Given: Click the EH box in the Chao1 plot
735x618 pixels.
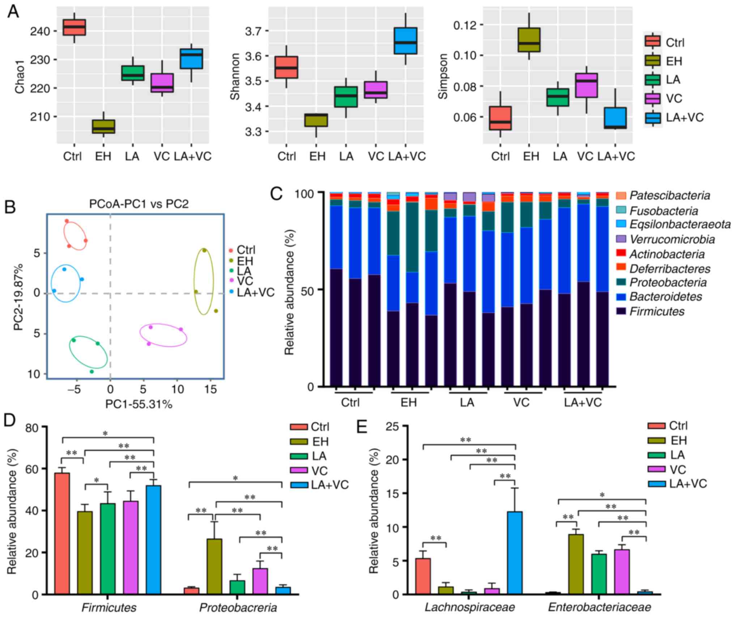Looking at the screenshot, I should pos(104,126).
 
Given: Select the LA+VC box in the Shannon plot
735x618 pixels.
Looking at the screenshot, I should pos(405,41).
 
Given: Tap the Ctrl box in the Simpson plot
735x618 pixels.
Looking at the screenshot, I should pos(500,118).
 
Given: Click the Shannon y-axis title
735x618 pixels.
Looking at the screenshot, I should pos(235,76).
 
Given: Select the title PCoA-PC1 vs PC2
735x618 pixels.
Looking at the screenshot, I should pos(139,204).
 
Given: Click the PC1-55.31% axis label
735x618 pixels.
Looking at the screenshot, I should pos(139,404).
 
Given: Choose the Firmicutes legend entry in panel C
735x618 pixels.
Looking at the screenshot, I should pos(657,311).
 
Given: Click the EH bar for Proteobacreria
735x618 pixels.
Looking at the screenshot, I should pos(214,567).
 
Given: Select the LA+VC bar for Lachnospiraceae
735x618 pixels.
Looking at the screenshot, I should pos(515,553).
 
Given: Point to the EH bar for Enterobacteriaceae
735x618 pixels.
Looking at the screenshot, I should pos(575,564).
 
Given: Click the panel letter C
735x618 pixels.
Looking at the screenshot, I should pos(277,194).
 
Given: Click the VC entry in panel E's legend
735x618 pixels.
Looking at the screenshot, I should pos(677,470).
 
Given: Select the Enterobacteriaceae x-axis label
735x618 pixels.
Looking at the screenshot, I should pos(599,607).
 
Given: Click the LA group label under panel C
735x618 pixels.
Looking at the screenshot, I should pos(467,403).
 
